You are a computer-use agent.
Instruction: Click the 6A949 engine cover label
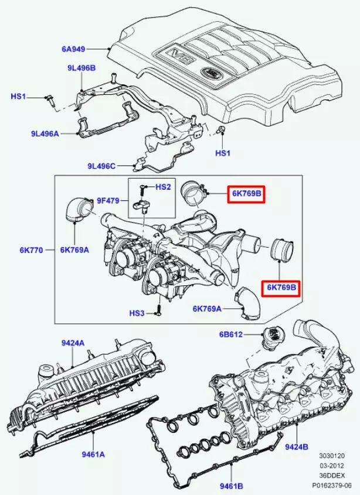pos(74,49)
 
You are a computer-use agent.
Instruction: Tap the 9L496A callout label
pos(45,134)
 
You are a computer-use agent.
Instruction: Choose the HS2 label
pos(163,187)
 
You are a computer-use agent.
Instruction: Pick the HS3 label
pos(137,313)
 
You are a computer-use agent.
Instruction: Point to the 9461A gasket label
pos(93,453)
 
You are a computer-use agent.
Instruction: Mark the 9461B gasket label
pos(231,485)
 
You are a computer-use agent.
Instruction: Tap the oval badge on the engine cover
pos(209,73)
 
